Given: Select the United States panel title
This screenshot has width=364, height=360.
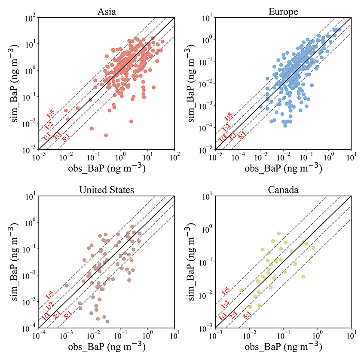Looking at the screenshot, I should pos(106,189).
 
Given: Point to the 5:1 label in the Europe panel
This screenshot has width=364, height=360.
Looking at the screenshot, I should pos(242,136).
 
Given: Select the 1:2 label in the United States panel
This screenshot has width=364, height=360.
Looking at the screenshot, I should pos(49,306).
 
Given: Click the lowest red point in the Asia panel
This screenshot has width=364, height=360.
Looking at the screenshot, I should pos(106,135).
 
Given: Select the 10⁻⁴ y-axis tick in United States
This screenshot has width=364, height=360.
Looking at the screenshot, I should pos(31,328).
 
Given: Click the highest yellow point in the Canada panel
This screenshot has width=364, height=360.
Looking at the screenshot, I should pos(279,233).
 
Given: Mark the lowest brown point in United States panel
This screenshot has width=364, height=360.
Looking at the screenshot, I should pos(107,321).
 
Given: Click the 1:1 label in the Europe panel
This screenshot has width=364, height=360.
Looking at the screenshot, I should pos(222,138).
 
